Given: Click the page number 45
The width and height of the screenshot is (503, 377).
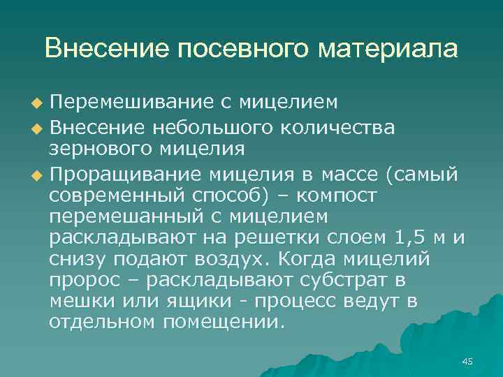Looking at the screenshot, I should pyautogui.click(x=467, y=361).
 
